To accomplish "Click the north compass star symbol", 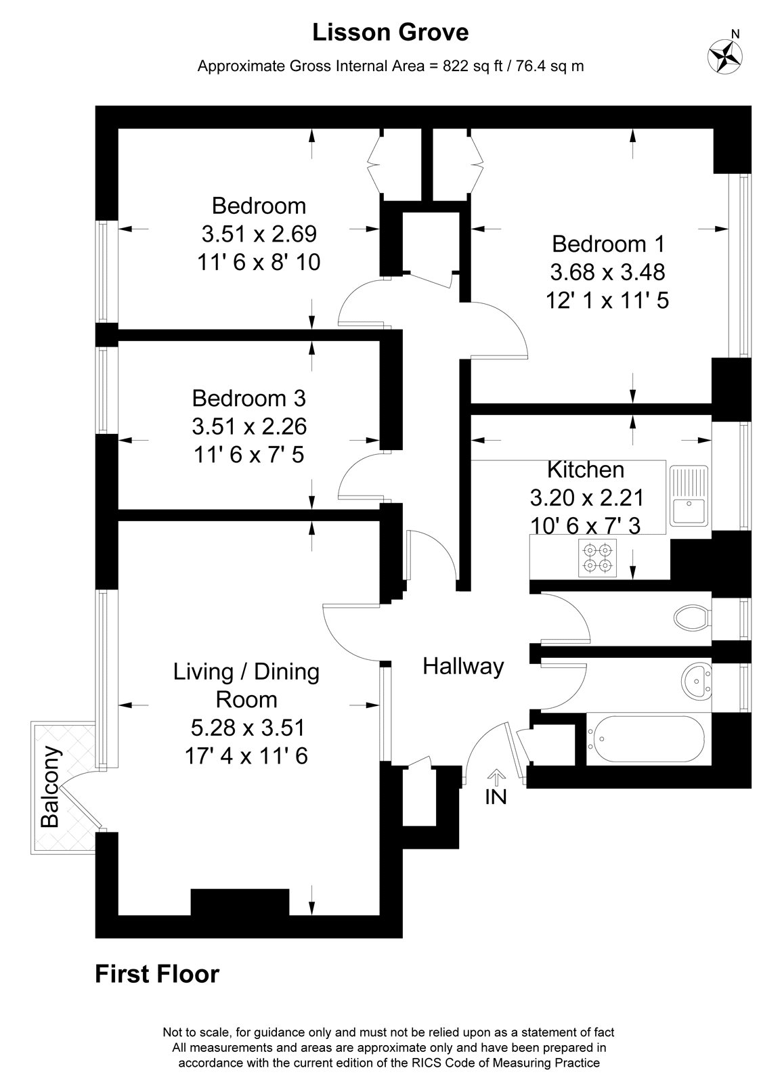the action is [x=725, y=58].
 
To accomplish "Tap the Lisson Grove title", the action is [x=391, y=33].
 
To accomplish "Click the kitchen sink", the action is [x=689, y=495].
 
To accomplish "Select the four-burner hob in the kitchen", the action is [x=598, y=558].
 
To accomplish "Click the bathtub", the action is [x=646, y=740].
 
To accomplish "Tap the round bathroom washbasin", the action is [x=697, y=681].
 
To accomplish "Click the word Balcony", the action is [x=50, y=787].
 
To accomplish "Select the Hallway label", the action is [x=463, y=667].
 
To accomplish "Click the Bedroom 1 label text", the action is [x=609, y=244].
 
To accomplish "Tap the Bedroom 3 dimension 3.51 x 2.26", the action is [x=250, y=426].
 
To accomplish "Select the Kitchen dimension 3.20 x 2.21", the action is [x=587, y=498].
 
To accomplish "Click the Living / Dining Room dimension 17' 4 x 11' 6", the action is [x=246, y=756].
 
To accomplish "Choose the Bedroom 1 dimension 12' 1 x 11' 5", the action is [x=607, y=301].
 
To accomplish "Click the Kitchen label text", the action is [x=586, y=470].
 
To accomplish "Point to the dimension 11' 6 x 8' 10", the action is [x=259, y=263].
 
